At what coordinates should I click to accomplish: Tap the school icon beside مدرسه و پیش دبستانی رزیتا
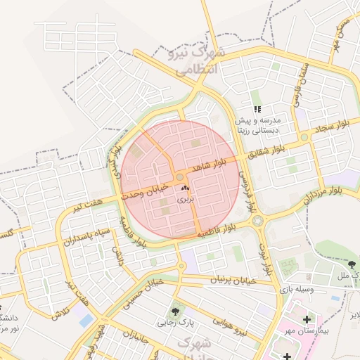pos(257,109)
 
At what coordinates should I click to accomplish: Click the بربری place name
pos(185,200)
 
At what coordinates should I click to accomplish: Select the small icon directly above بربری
pos(185,188)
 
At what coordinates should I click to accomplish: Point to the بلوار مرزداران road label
pos(324,191)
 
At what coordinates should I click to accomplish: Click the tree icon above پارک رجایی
pos(174,310)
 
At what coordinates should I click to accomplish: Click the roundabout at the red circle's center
pos(180,176)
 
